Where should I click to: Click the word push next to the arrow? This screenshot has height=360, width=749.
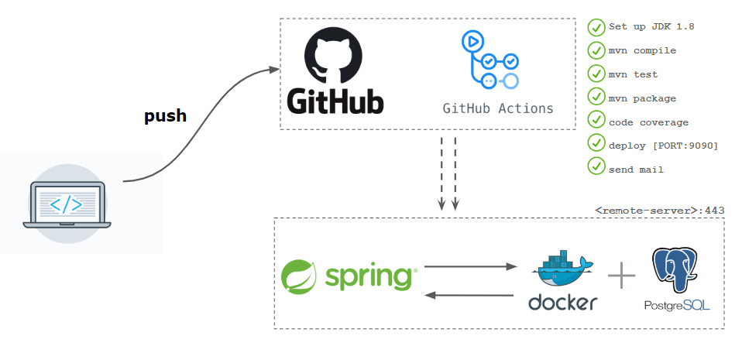(165, 116)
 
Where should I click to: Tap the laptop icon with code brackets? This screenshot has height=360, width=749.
(67, 204)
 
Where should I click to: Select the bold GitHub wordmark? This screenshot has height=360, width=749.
(335, 101)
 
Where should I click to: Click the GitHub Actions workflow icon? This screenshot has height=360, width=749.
(489, 60)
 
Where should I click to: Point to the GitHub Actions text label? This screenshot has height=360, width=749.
(498, 108)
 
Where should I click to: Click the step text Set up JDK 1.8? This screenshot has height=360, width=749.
(651, 26)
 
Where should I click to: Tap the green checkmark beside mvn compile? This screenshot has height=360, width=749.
(596, 50)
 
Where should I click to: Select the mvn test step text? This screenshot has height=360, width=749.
(633, 74)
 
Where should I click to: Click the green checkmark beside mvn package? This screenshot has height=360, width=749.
(596, 98)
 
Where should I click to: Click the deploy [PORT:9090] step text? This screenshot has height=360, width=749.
(663, 146)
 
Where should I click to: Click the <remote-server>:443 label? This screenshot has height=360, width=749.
(659, 210)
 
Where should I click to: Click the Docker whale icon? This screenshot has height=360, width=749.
(562, 269)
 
